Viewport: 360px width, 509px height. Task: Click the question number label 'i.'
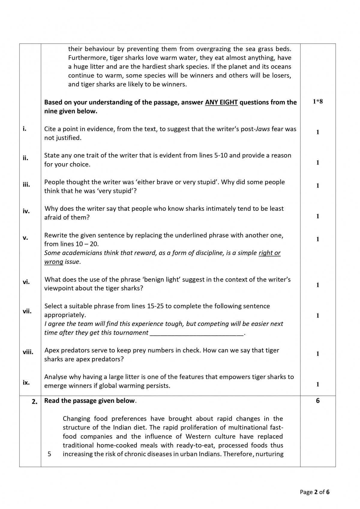point(24,129)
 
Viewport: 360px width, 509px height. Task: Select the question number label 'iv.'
point(26,211)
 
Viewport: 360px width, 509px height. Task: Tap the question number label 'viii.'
point(28,352)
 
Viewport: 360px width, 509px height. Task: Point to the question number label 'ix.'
point(26,382)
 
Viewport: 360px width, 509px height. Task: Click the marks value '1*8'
point(318,101)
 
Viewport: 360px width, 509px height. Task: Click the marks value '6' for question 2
point(318,401)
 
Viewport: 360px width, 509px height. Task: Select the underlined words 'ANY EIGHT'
point(221,102)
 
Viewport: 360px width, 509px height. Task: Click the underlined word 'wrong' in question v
point(54,262)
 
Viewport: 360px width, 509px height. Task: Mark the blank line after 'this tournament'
point(196,333)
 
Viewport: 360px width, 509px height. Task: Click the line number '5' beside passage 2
point(49,454)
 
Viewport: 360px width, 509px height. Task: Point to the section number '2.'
point(34,402)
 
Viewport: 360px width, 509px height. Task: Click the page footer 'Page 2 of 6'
point(314,492)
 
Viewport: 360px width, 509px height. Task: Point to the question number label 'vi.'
point(26,282)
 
